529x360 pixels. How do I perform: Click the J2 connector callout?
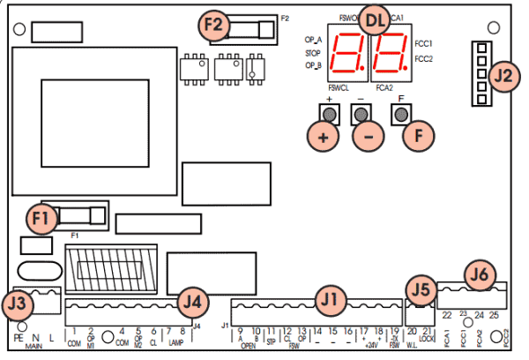coord(503,77)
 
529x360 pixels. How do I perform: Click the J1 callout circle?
coord(329,300)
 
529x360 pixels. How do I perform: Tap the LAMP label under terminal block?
coord(176,342)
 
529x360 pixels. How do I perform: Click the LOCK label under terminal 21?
coord(427,339)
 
